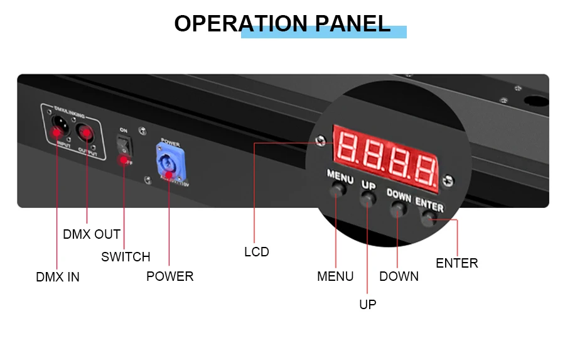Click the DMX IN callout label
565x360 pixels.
(58, 276)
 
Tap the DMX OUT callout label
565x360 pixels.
(92, 234)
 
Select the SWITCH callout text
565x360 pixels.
(126, 257)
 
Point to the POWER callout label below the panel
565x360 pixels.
(169, 276)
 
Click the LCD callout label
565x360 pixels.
(256, 252)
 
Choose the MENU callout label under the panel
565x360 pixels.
(335, 276)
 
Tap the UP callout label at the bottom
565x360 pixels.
(368, 305)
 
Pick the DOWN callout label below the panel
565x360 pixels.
(399, 276)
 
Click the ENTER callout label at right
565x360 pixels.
(457, 263)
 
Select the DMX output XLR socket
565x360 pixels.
(86, 132)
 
